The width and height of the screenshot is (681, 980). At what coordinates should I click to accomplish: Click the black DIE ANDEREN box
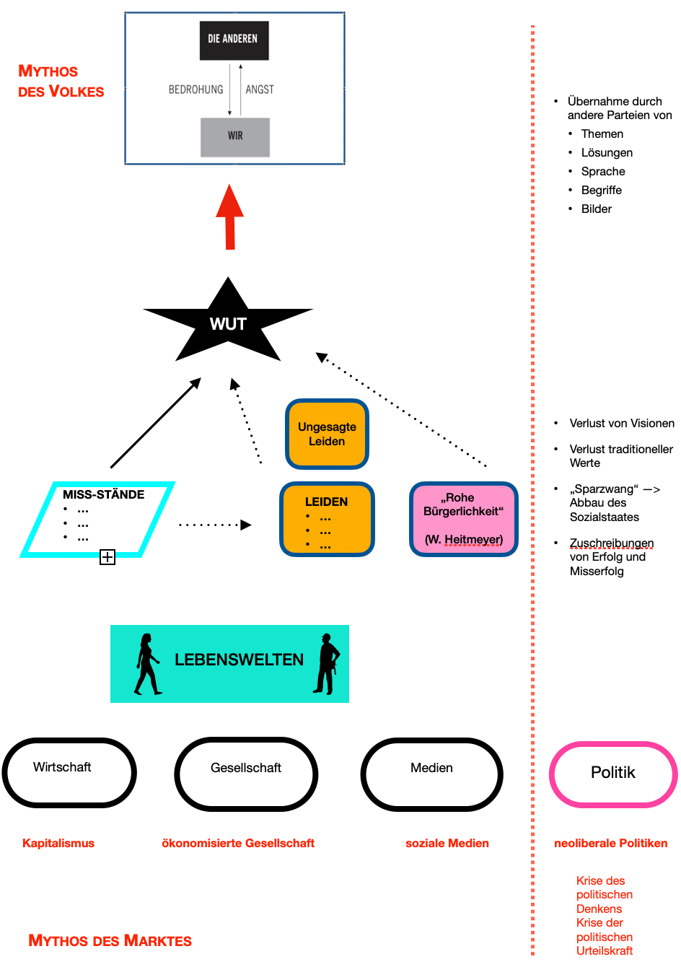tap(234, 40)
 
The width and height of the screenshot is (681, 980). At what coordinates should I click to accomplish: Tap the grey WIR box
tap(235, 136)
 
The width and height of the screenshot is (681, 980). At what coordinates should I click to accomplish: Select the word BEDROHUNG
tap(195, 89)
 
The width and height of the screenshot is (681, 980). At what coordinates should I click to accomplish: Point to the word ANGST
tap(260, 89)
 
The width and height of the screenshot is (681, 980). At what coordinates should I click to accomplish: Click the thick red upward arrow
tap(230, 217)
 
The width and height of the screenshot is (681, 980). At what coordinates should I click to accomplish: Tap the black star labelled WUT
tap(228, 323)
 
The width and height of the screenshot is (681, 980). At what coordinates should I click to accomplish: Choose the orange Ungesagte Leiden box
tap(327, 434)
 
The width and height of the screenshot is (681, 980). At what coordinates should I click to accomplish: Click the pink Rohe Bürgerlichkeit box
tap(463, 519)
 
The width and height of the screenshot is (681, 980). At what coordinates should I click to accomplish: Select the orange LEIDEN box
tap(327, 520)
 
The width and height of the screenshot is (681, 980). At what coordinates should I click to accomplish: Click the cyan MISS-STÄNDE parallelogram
tap(97, 520)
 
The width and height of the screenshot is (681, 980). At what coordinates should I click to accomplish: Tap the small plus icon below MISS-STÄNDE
tap(107, 557)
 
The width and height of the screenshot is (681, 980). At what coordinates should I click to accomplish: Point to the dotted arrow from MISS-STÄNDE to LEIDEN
tap(215, 525)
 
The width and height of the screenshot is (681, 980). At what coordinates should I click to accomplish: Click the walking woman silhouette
tap(147, 664)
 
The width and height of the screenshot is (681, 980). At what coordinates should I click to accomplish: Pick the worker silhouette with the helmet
tap(328, 664)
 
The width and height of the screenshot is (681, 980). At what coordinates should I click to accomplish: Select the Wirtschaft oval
tap(69, 772)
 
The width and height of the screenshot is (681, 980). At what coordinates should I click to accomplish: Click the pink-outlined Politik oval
tap(613, 774)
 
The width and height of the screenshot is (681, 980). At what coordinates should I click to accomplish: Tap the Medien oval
tap(431, 774)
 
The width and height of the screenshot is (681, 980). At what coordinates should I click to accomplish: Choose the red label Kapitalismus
tap(58, 843)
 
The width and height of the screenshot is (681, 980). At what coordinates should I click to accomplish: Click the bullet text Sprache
tap(603, 172)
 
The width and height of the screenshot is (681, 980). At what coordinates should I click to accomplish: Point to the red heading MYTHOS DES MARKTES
tap(110, 941)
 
